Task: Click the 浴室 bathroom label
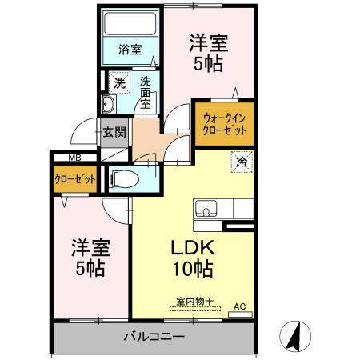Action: click(131, 49)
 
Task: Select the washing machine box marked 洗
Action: click(118, 82)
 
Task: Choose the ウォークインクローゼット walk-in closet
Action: click(224, 124)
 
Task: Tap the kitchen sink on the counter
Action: click(206, 210)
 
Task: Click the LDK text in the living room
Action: click(192, 247)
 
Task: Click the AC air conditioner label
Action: click(239, 306)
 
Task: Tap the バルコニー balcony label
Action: click(154, 336)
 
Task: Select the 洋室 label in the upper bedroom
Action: click(206, 40)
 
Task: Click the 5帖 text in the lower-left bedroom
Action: click(89, 268)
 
